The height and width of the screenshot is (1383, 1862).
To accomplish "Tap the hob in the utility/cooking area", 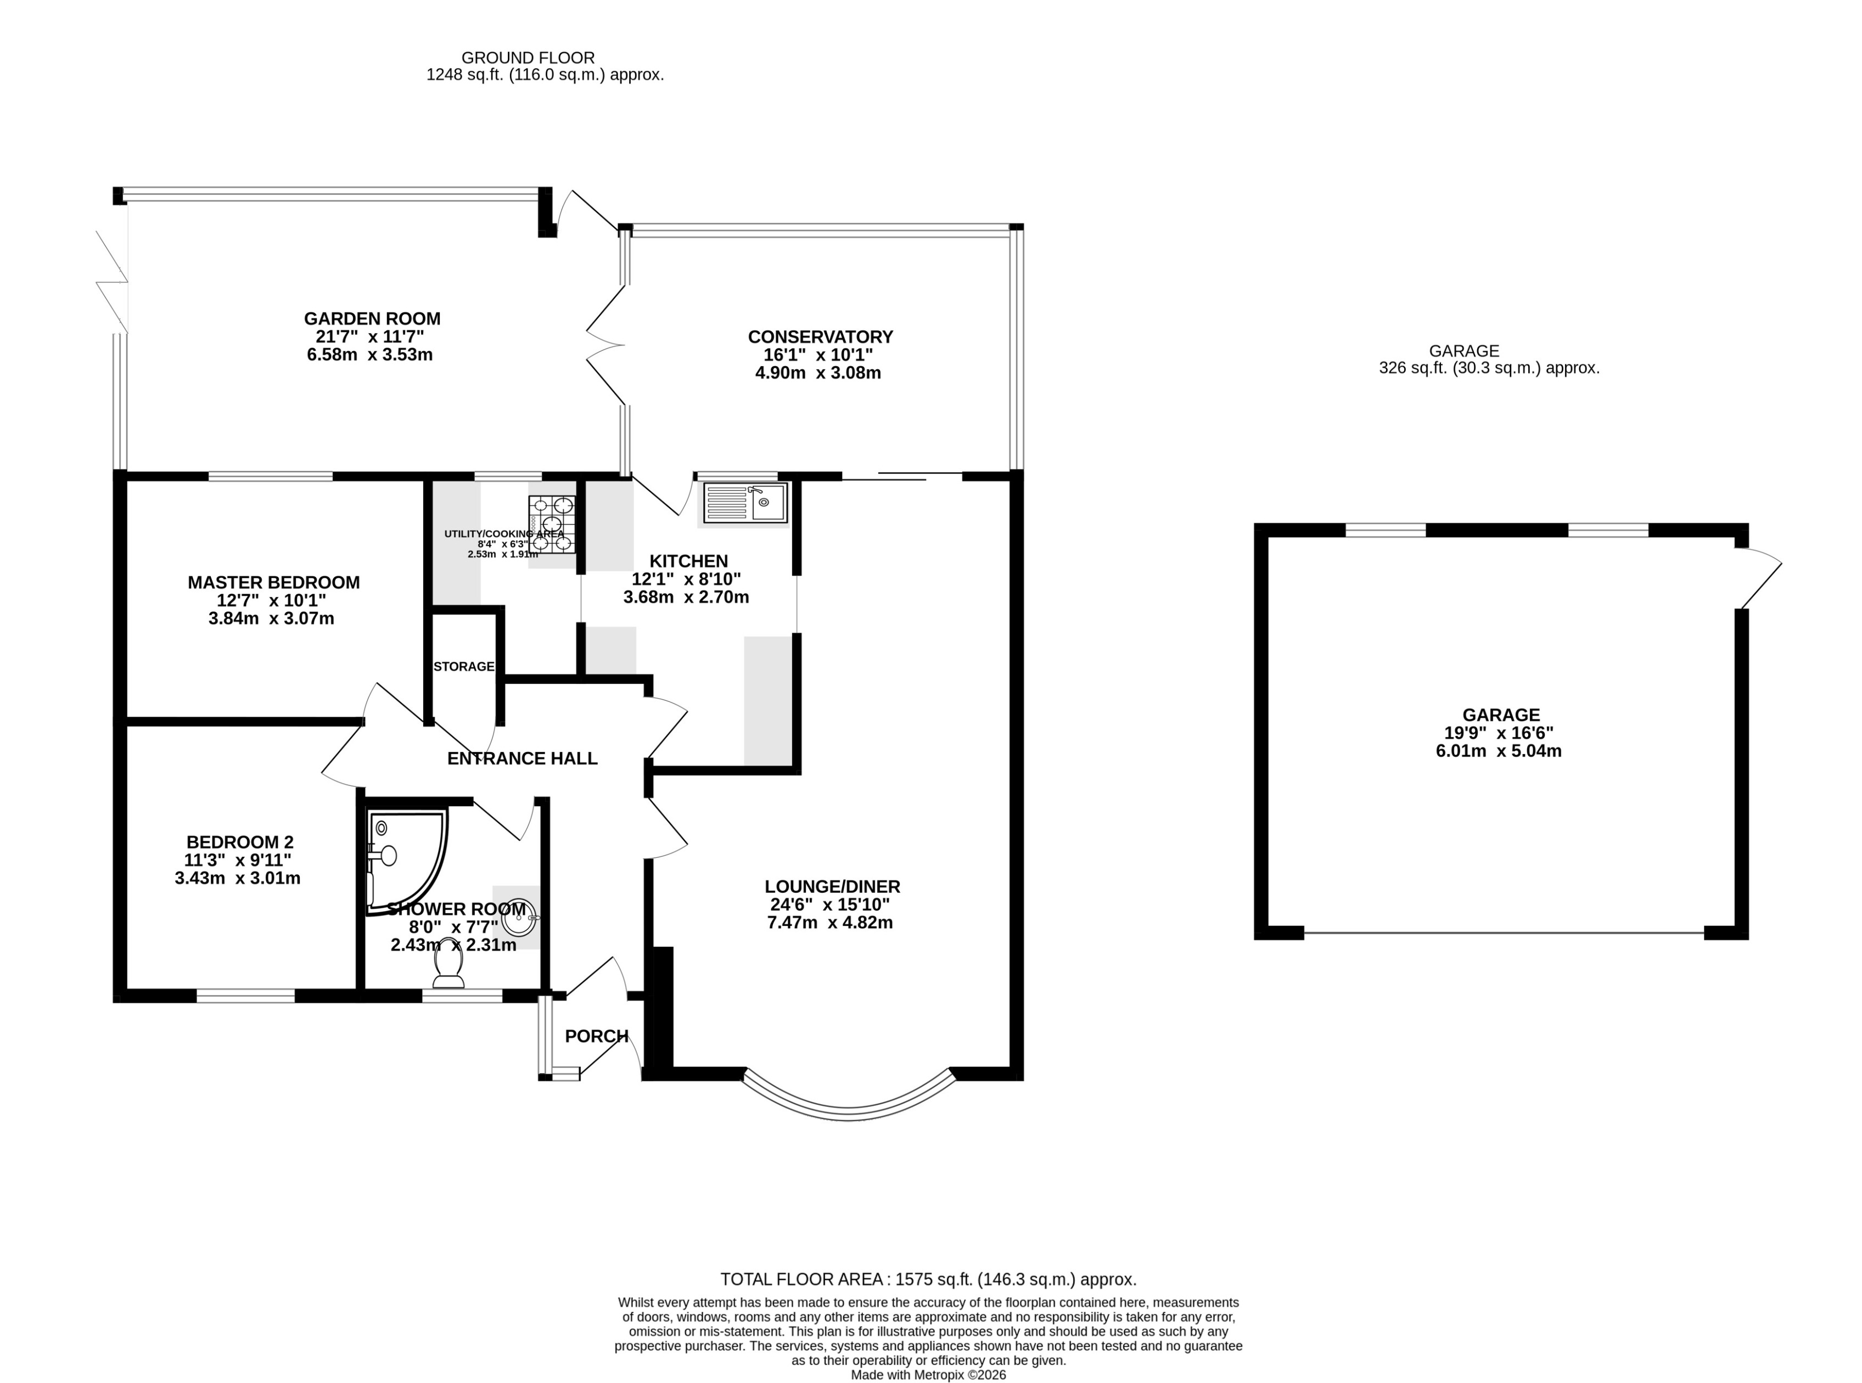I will coord(552,524).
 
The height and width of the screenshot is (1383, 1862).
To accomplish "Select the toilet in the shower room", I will coord(448,970).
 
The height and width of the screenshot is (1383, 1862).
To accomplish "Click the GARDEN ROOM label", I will coord(372,318).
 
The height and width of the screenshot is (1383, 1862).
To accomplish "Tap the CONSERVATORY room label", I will coord(820,336).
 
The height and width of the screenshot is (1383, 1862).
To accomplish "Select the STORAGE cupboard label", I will coord(464,666).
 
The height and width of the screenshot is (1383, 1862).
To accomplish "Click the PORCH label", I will coord(596,1036).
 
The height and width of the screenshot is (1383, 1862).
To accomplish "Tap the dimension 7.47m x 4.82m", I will coord(829,923).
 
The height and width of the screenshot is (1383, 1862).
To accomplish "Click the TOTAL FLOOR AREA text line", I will coord(928,1279).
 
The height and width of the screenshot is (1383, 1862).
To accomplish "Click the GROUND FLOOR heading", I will coord(528,58).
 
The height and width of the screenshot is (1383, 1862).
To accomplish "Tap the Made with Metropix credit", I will coord(928,1375).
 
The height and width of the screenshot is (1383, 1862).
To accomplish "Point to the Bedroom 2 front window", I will coord(245,996).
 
